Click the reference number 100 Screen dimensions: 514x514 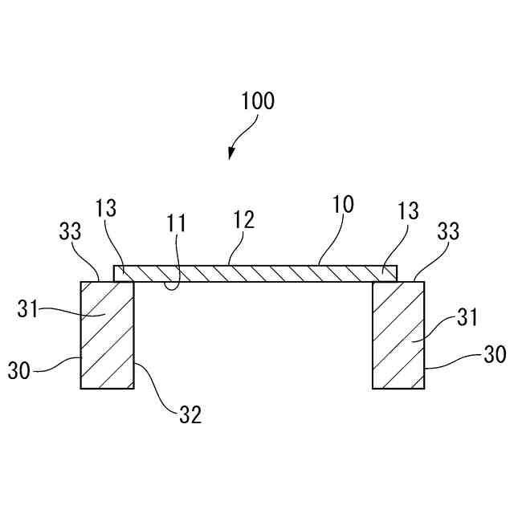pos(258,101)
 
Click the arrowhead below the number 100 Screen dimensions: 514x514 pos(231,154)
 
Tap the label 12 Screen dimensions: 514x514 pos(244,220)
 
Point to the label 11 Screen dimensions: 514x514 pos(177,222)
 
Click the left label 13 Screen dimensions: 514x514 pos(105,209)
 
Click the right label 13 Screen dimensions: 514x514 pos(408,211)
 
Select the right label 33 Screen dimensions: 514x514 pos(449,231)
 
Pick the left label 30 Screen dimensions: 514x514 pos(19,370)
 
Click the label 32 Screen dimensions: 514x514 pos(190,414)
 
